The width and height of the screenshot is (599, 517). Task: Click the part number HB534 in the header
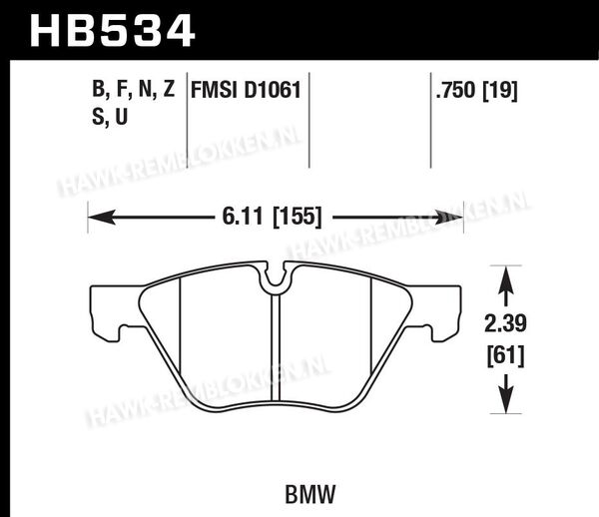(x=113, y=31)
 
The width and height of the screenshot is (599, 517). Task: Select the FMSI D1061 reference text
(x=246, y=91)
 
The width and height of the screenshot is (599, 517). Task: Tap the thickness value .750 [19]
(x=477, y=91)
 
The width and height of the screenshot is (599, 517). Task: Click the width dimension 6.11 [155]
(x=272, y=217)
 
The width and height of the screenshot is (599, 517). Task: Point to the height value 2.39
(x=505, y=323)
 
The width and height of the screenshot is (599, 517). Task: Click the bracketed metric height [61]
(x=505, y=356)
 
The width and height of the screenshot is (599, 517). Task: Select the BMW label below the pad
(x=309, y=494)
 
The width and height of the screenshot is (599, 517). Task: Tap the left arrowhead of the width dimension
(x=102, y=217)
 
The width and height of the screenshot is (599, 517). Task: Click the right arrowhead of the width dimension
(x=449, y=217)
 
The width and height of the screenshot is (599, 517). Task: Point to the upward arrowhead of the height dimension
(x=505, y=279)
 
